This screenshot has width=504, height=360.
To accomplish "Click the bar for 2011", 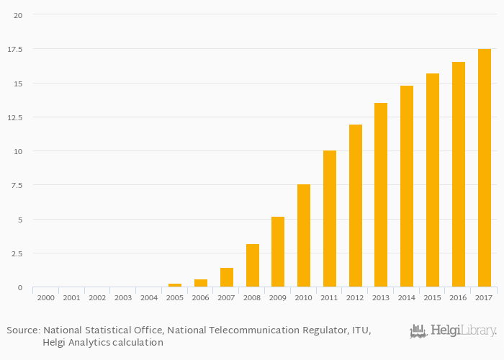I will [x=330, y=219].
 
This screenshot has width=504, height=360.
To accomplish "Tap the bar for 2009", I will [x=278, y=252].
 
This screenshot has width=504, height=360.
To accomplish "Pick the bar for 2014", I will [x=407, y=186].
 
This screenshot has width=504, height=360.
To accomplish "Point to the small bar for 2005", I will [x=175, y=285].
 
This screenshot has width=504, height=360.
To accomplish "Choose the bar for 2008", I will [x=253, y=266].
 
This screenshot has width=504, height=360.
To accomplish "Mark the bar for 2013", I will [x=381, y=195].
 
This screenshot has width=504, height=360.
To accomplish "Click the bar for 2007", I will [x=227, y=277].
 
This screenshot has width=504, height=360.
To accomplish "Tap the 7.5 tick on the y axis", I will [x=17, y=185].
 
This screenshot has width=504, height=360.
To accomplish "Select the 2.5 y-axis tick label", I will [x=17, y=253].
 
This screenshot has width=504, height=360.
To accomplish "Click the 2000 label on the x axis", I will [x=46, y=297].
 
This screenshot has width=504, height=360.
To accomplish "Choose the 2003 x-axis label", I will [x=123, y=297].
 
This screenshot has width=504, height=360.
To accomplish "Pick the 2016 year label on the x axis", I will [x=459, y=297].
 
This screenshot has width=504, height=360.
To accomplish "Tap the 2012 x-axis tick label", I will [x=356, y=297].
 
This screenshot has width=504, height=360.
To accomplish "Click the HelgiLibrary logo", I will [x=453, y=331].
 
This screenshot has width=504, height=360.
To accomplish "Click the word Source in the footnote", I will [x=23, y=330].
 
